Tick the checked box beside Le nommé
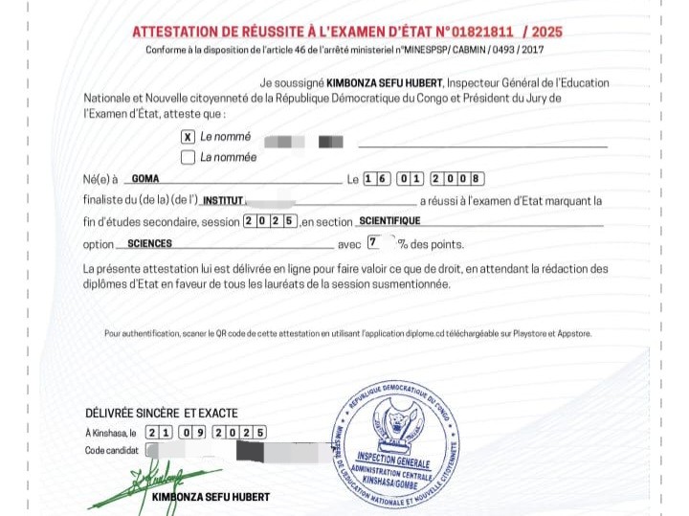188,137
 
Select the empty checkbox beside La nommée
188,157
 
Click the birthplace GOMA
145,178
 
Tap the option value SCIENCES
149,244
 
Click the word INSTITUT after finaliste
223,201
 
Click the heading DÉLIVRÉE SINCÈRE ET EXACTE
161,413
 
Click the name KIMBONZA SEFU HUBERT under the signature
211,497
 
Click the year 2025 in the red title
543,32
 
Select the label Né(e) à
100,179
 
